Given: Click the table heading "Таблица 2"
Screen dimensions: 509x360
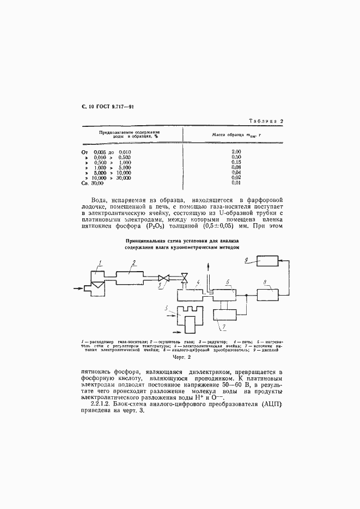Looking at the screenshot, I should (x=267, y=121).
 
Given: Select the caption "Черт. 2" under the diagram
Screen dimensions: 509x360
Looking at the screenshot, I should (x=180, y=358).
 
